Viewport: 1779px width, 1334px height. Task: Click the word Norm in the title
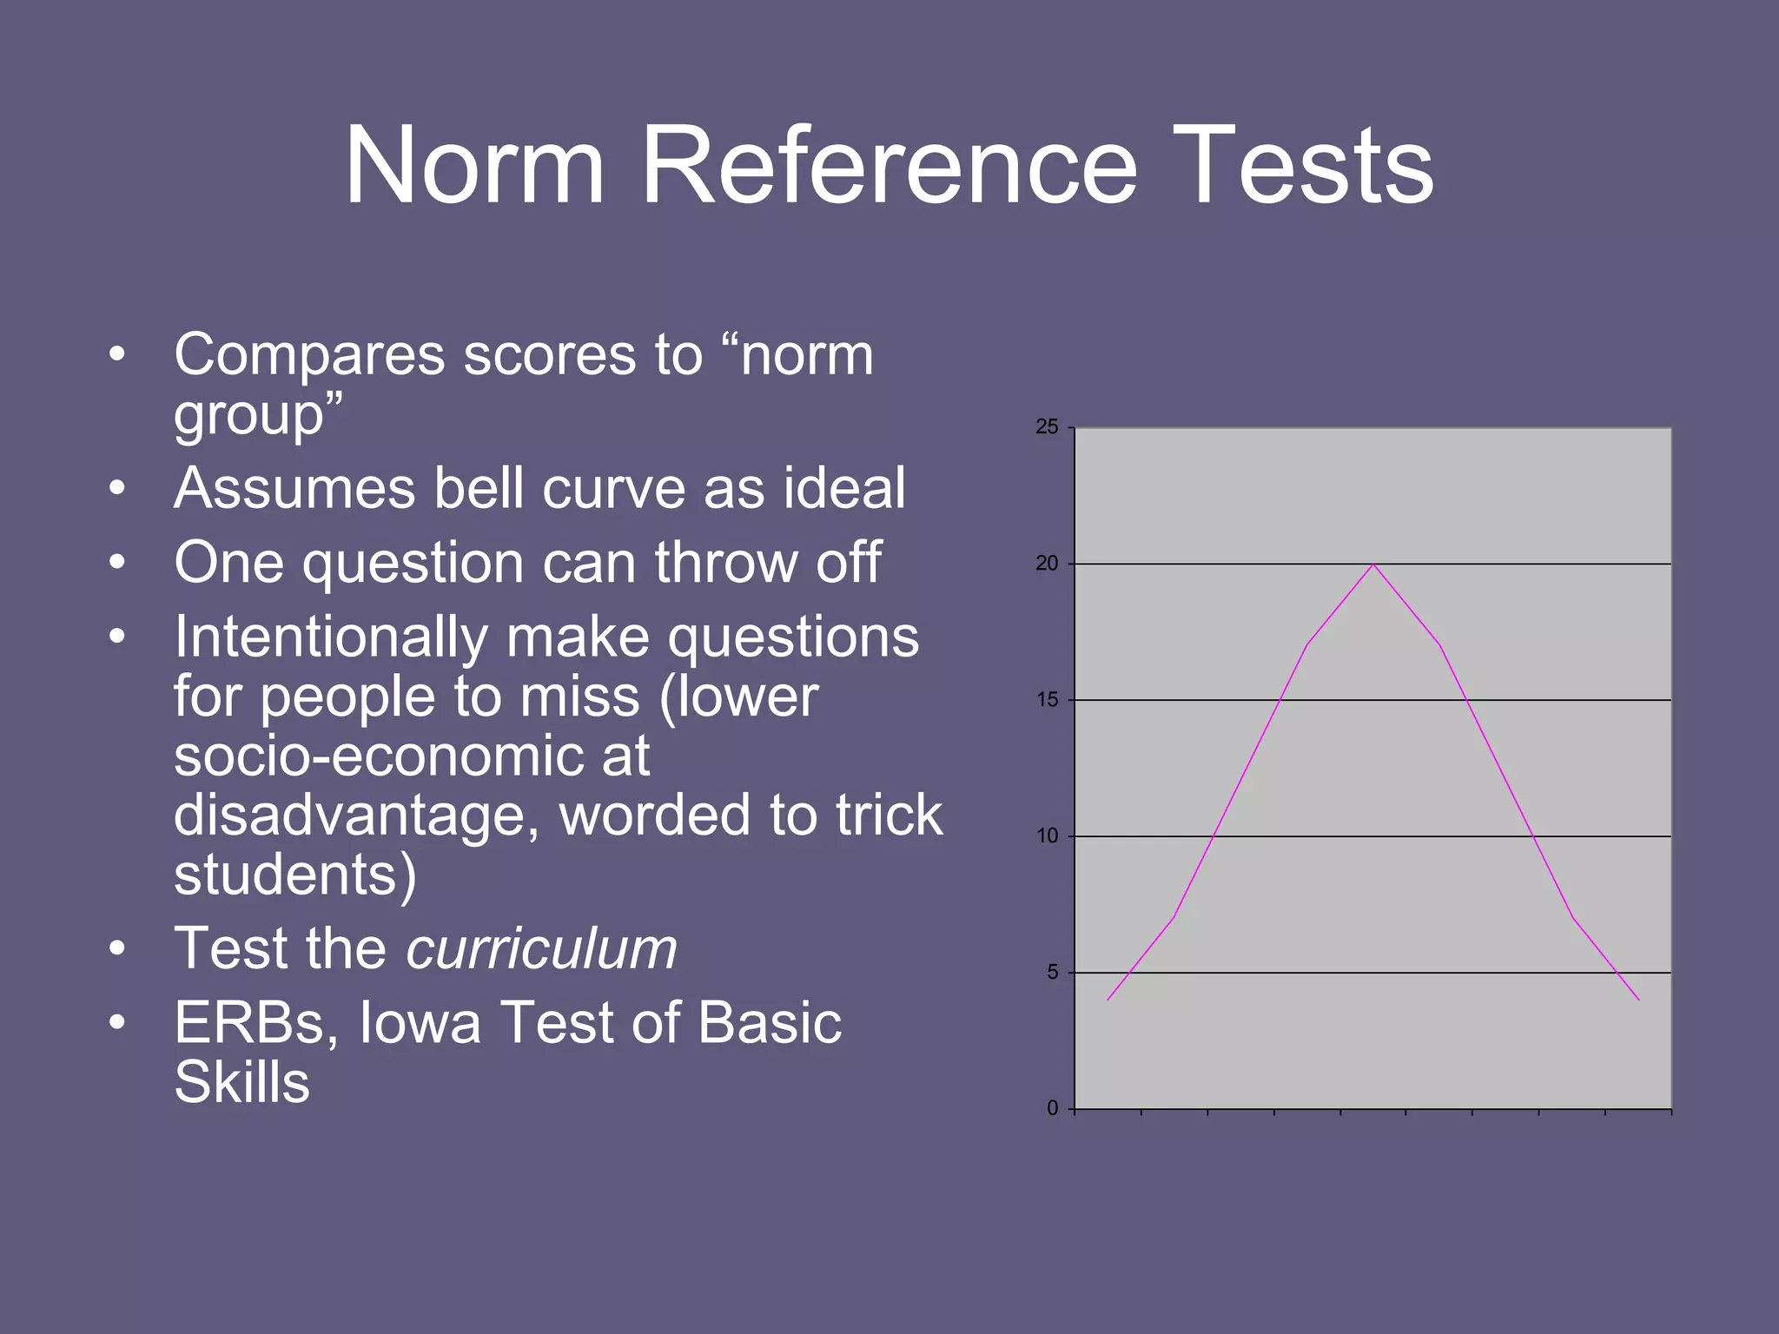[474, 166]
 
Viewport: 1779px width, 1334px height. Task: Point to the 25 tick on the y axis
[1047, 426]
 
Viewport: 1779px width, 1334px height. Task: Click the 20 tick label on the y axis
[1047, 564]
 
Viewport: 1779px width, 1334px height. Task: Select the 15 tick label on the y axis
[1047, 700]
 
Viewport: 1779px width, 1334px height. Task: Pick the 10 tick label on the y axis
[1047, 836]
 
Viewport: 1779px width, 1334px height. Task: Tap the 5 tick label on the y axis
[1052, 973]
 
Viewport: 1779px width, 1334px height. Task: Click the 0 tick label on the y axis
[1052, 1109]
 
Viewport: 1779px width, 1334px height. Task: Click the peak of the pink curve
[1373, 565]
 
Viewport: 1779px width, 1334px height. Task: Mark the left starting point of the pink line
[1108, 1000]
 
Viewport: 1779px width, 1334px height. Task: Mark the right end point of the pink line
[1639, 1000]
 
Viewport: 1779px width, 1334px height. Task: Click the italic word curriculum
[541, 948]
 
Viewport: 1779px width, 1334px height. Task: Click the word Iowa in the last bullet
[420, 1022]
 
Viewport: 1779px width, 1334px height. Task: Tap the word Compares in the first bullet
[309, 356]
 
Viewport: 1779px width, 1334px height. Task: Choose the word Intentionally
[329, 637]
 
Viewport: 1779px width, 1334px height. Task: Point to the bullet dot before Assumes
[118, 489]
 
